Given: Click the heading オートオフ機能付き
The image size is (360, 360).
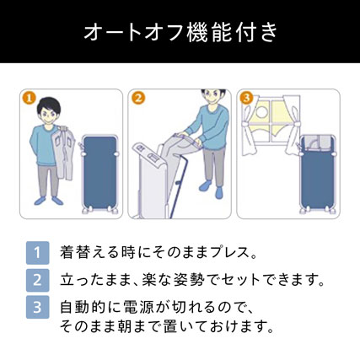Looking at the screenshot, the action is pos(180,32).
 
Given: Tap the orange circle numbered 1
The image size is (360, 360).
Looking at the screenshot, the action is pos(30,98).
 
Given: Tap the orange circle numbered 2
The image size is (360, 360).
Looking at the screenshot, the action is pos(138,98).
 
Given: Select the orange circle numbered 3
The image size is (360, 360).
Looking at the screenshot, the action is pos(246,98).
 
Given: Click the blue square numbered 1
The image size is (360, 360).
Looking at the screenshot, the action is pos(37,253).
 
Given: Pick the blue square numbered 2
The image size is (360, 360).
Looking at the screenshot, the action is pos(37,280).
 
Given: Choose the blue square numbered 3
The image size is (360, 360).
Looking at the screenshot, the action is pos(37,307).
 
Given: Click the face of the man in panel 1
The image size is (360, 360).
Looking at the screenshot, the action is pos(49,115).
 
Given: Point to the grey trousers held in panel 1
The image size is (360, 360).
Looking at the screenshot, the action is pos(63,153).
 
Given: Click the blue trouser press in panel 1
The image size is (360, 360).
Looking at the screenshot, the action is pos(100,174).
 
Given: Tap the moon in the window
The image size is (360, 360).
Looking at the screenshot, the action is pos(261,111).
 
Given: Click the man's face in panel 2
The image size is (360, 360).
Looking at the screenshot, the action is pos(212,99).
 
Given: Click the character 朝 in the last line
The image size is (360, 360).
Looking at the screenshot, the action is pos(128,327).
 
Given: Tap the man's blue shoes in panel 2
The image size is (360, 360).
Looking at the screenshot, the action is pos(212,190).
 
